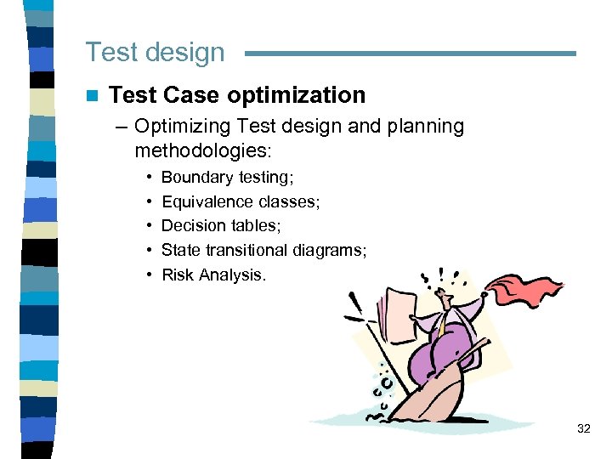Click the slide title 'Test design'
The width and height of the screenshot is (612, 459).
click(155, 52)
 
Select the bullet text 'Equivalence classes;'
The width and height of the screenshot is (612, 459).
click(241, 201)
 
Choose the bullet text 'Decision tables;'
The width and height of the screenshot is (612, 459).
click(221, 225)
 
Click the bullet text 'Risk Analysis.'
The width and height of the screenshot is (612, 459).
click(213, 275)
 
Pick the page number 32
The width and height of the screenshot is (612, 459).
click(583, 428)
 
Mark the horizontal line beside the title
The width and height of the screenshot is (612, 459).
click(410, 54)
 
